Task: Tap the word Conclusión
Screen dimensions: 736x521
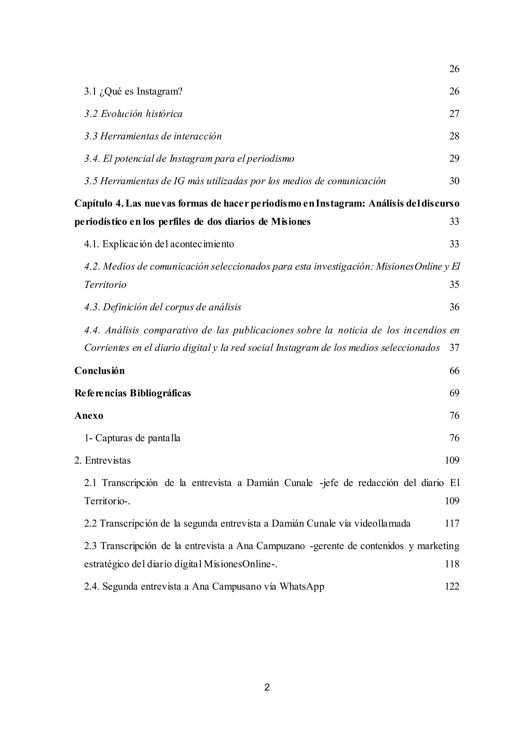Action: (x=99, y=371)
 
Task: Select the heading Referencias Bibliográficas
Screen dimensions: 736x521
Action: (x=133, y=393)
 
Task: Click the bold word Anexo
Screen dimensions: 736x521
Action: (x=89, y=416)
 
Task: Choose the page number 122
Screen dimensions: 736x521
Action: (x=452, y=587)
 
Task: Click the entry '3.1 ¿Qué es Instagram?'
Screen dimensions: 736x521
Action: (x=133, y=92)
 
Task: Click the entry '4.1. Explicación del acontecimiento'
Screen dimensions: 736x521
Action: (x=159, y=244)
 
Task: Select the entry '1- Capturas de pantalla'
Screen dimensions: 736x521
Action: (x=132, y=438)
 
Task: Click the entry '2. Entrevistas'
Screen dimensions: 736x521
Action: (x=103, y=461)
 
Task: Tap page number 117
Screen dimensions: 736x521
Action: (x=452, y=524)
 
